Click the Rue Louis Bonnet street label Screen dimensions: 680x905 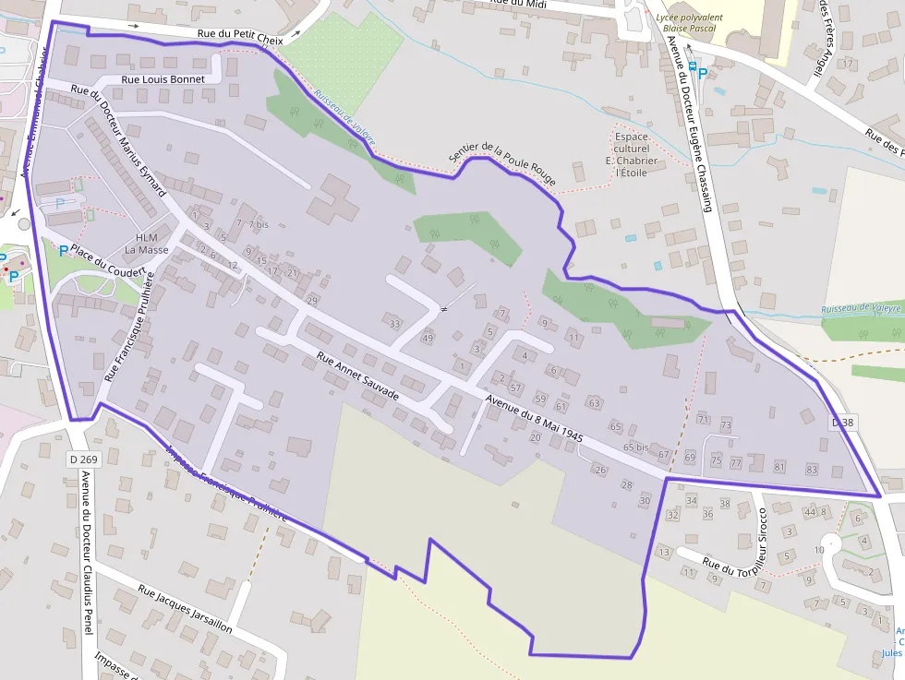pos(163,79)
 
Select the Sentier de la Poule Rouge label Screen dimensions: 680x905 pos(502,158)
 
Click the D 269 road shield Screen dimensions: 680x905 pos(83,459)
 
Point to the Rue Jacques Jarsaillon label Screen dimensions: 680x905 pos(185,608)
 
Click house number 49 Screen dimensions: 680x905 pos(427,339)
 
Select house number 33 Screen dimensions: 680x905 pos(395,324)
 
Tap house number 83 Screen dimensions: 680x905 pos(812,470)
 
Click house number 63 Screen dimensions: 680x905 pos(594,403)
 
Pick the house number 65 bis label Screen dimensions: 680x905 pos(635,447)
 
